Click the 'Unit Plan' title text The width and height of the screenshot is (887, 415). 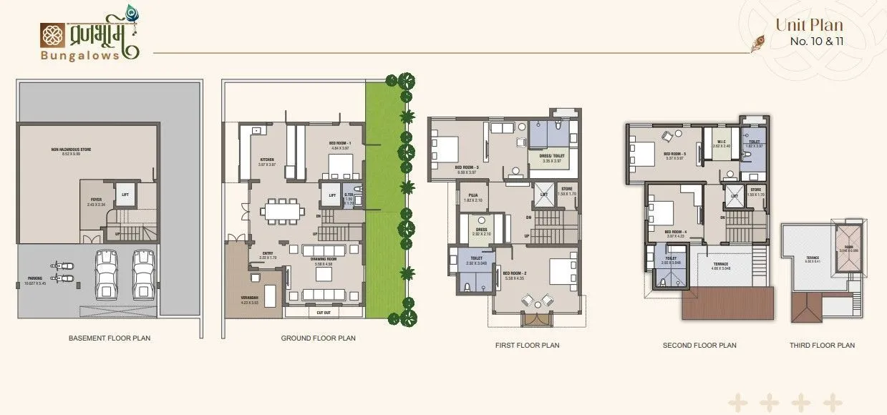[x=809, y=25]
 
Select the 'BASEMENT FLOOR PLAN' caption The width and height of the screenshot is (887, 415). [x=110, y=338]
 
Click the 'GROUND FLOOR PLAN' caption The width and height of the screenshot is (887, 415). [x=318, y=338]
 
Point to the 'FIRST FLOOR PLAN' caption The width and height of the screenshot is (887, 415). [x=527, y=345]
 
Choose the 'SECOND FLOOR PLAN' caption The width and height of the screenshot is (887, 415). [x=699, y=345]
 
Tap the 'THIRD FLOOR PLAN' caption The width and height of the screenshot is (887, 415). [x=822, y=345]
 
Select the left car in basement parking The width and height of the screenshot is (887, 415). [x=107, y=274]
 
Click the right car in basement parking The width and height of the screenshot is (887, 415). [x=144, y=274]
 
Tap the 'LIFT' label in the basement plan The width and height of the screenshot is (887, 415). [x=125, y=194]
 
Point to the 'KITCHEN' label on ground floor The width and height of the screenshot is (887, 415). [x=267, y=160]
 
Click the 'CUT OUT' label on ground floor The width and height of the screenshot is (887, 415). [x=324, y=313]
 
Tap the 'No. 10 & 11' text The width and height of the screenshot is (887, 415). [x=816, y=41]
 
